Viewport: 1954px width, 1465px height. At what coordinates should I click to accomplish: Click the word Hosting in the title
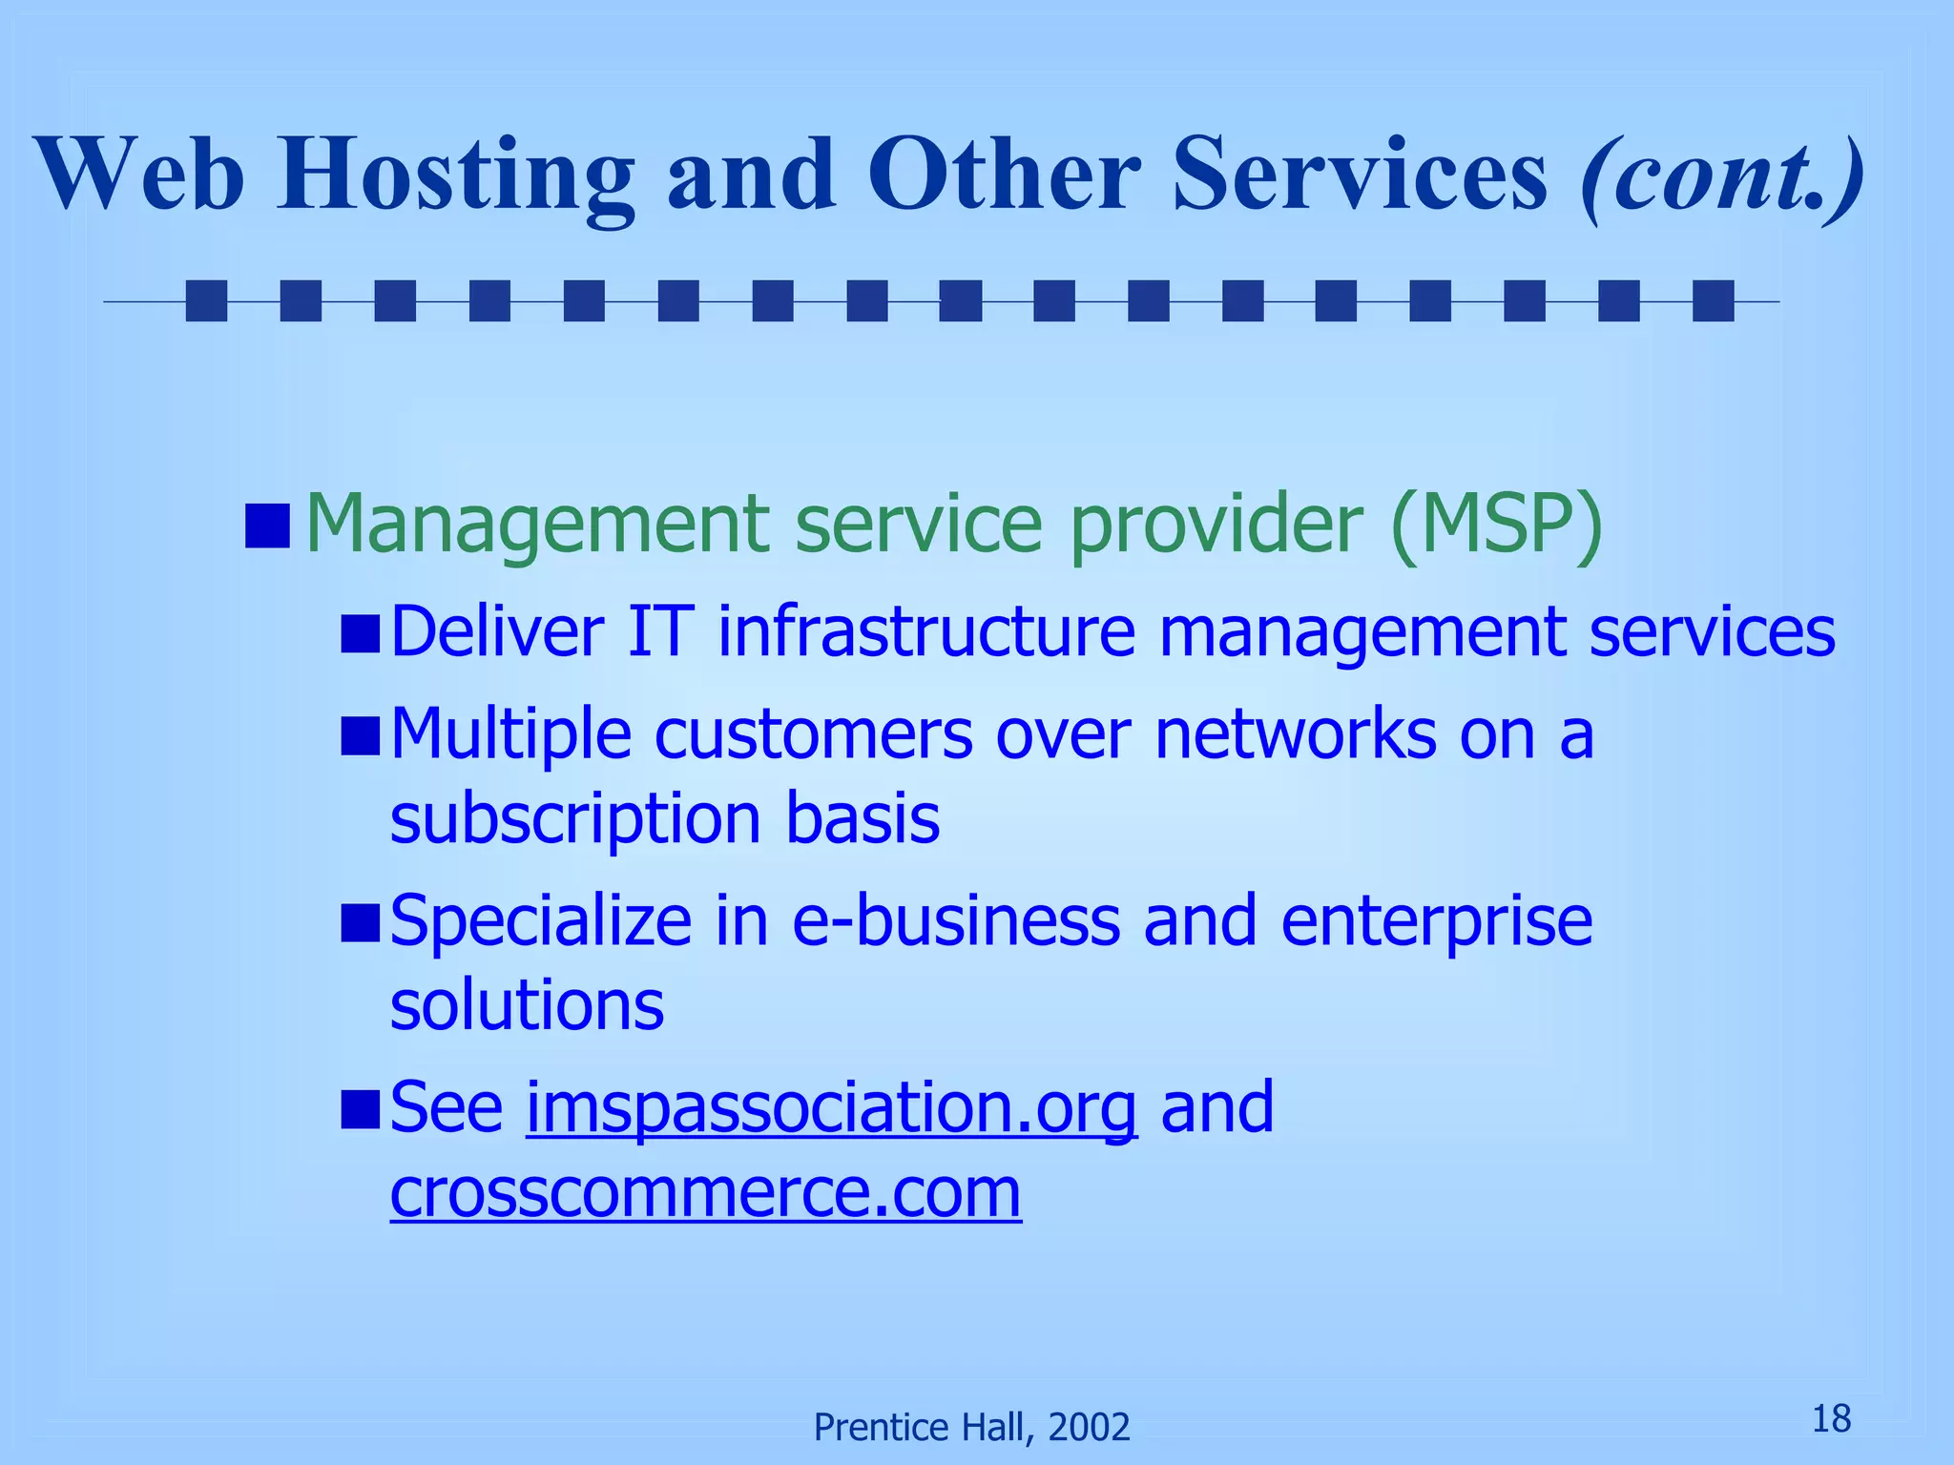[456, 175]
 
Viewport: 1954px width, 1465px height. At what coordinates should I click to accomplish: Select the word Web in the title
[140, 175]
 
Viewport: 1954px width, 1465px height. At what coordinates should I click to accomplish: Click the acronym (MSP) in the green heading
[1496, 524]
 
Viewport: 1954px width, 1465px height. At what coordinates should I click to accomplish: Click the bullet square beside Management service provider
[267, 526]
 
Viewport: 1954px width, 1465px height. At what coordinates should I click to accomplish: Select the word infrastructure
[926, 631]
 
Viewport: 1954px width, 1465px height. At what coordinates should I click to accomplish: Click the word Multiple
[511, 734]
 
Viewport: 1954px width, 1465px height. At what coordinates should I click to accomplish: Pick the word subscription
[575, 819]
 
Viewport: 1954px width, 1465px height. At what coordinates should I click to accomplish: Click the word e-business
[956, 921]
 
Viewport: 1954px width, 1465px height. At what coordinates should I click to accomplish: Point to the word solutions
[527, 1005]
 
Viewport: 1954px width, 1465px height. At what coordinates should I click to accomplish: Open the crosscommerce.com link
[706, 1192]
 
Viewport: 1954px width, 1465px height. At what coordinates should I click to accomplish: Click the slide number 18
[1831, 1418]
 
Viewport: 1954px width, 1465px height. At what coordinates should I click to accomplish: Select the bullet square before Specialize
[361, 923]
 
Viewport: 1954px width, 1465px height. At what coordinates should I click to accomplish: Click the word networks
[1295, 734]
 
